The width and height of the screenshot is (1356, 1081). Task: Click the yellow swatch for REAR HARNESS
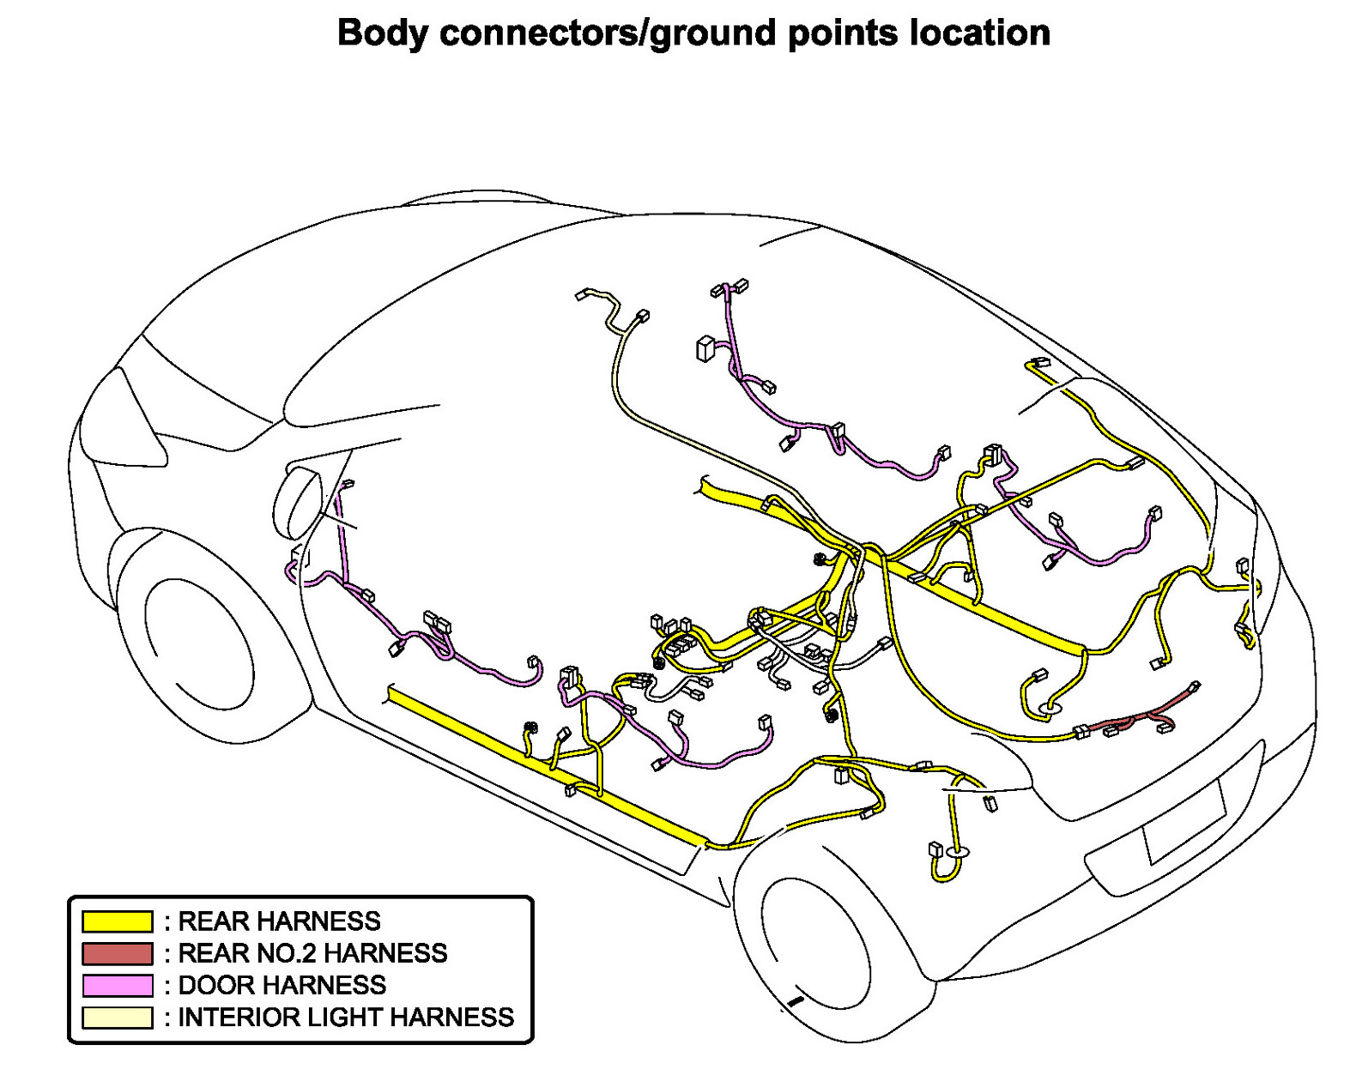click(117, 921)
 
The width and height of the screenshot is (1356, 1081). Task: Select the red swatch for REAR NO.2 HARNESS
click(117, 953)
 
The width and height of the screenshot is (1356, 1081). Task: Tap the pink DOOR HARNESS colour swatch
click(117, 985)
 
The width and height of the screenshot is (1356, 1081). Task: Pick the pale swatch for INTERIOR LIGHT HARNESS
click(117, 1018)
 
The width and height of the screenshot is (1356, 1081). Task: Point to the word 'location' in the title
click(979, 33)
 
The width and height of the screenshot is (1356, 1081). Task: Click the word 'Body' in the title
click(382, 33)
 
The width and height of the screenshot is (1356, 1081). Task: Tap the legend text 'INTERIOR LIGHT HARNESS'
click(345, 1018)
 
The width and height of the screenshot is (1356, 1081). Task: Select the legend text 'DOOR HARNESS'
click(281, 985)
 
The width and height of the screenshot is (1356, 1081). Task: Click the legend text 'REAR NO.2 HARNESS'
click(312, 953)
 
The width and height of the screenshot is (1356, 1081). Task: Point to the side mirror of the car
click(297, 501)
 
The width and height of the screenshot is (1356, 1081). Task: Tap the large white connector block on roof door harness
click(705, 349)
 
